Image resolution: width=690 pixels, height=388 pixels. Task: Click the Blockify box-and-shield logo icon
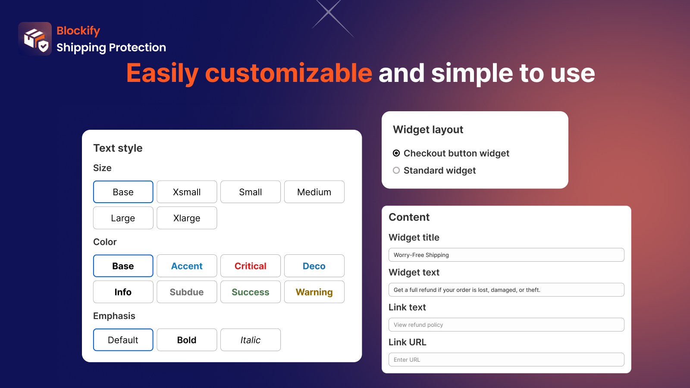(x=35, y=39)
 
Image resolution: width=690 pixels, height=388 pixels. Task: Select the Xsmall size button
(x=187, y=192)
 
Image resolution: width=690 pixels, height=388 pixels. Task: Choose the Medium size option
(x=314, y=192)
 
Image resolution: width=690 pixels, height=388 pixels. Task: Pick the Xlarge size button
(x=187, y=218)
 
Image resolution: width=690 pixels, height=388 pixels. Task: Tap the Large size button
(x=123, y=218)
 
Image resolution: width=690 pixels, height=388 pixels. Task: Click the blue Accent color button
(x=187, y=266)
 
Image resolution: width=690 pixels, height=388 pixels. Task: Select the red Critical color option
(x=250, y=266)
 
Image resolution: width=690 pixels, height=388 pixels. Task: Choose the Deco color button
(x=314, y=266)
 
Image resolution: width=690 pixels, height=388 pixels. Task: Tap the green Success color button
(x=250, y=292)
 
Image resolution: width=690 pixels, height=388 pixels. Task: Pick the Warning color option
(x=314, y=292)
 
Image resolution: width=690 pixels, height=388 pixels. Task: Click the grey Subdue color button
(x=187, y=292)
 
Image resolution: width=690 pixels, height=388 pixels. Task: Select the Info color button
(x=123, y=292)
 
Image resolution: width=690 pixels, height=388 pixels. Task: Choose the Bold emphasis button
(x=187, y=340)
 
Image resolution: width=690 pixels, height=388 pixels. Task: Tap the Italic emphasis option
(x=250, y=340)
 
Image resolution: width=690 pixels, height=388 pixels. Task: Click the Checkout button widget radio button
(x=396, y=153)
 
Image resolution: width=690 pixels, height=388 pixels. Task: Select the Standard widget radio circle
(x=396, y=170)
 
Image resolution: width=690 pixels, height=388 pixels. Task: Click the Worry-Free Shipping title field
(x=506, y=255)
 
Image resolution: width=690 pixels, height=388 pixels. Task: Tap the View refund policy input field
(x=506, y=325)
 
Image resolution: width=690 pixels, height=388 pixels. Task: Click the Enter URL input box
(x=506, y=360)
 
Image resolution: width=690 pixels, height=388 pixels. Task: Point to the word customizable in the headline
(x=289, y=73)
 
